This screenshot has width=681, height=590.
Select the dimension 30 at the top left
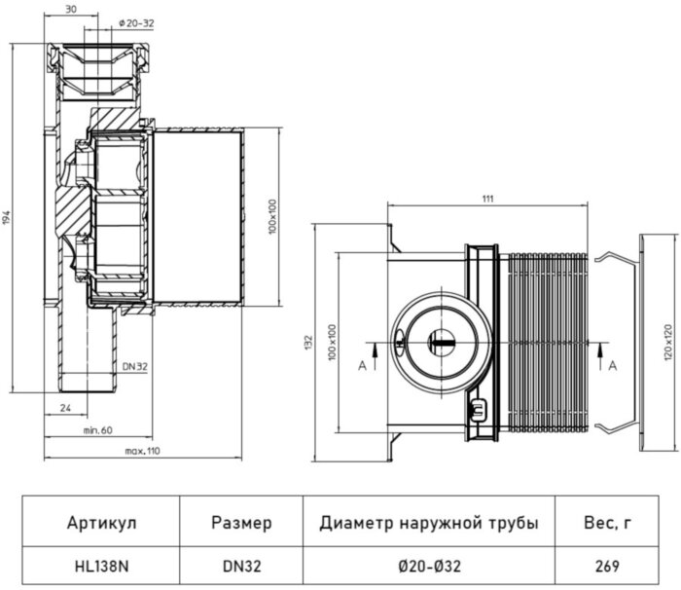(71, 9)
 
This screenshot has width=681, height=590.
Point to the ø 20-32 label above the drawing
(136, 22)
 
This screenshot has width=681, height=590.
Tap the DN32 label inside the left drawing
(136, 365)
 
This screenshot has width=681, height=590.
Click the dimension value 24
(66, 408)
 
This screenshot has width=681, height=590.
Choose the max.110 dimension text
(141, 452)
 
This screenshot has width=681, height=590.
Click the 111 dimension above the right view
(487, 199)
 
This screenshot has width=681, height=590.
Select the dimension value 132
(308, 342)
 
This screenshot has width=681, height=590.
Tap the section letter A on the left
(363, 366)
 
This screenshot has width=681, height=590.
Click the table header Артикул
(102, 523)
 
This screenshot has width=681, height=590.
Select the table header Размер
(241, 523)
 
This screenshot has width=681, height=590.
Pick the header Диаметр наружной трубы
(428, 523)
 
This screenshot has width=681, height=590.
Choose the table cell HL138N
(102, 565)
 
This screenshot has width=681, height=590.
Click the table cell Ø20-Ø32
(428, 565)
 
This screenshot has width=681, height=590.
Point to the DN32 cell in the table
(241, 565)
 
